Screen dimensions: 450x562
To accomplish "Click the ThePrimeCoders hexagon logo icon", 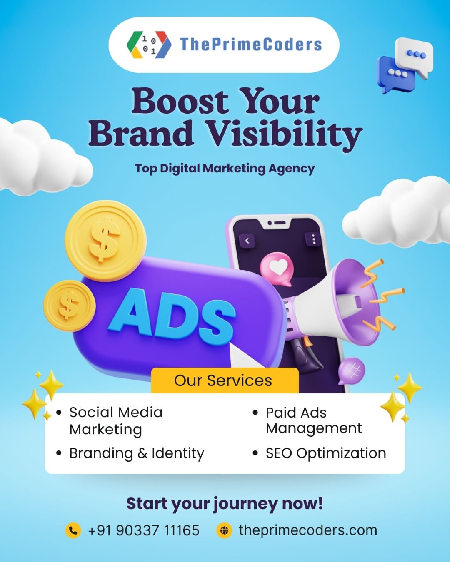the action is [x=149, y=45].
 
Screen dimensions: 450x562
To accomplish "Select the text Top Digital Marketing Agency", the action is [x=225, y=169].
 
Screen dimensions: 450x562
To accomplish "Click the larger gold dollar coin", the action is [x=106, y=241].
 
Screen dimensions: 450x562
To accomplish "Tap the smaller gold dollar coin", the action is [x=69, y=306].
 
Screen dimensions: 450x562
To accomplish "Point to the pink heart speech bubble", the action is [x=277, y=269].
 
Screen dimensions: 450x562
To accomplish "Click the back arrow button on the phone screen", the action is [x=247, y=241].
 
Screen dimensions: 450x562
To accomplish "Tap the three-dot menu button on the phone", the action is [x=313, y=239].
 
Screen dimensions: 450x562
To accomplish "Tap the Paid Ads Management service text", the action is [x=314, y=420].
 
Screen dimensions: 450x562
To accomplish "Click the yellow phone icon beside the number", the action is [x=73, y=530].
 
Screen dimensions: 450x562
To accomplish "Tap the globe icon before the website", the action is [x=224, y=530].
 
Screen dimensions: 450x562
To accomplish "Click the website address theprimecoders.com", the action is [x=308, y=530].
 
